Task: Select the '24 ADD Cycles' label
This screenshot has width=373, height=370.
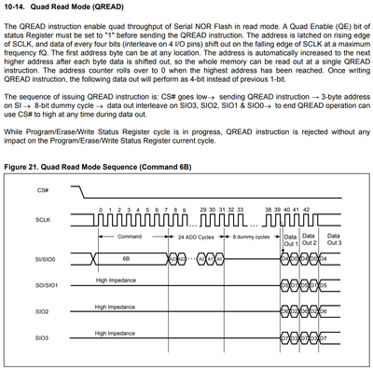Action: click(x=195, y=239)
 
